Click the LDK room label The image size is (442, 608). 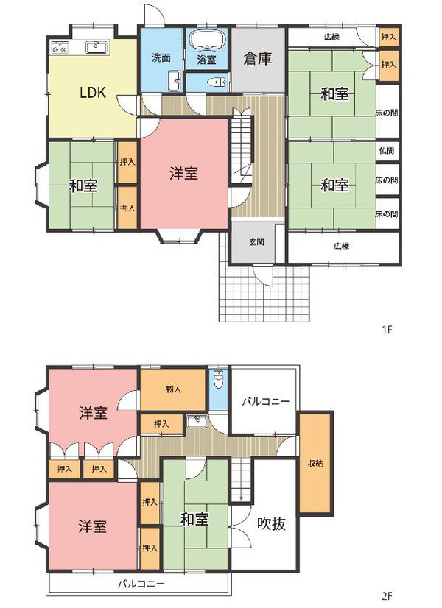[94, 93]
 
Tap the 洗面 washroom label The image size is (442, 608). [161, 57]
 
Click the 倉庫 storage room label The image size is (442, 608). [258, 59]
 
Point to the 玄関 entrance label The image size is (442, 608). [256, 242]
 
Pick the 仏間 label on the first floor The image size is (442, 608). [386, 150]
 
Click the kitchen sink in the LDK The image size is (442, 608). [97, 48]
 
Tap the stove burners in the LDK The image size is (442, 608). [60, 49]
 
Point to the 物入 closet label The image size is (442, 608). [173, 389]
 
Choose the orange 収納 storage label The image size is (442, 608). [314, 463]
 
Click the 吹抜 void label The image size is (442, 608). [270, 525]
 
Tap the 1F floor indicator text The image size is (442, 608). [387, 330]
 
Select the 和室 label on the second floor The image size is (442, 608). [194, 520]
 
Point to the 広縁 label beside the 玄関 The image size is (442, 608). [340, 246]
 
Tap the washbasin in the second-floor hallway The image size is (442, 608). [194, 421]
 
